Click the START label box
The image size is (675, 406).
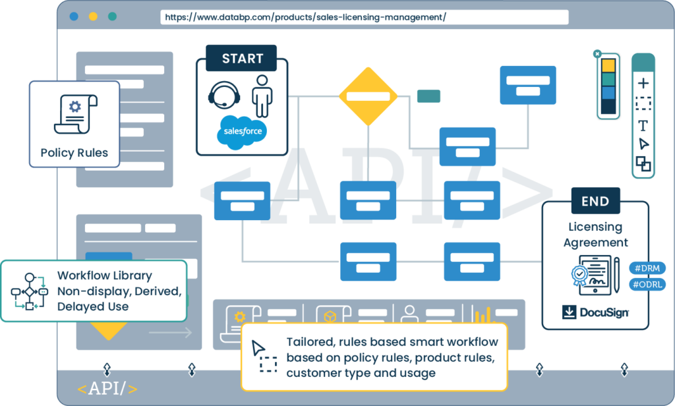point(242,59)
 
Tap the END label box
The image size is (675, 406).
point(595,201)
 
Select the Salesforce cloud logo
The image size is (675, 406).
point(242,130)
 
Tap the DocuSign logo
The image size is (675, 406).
point(595,312)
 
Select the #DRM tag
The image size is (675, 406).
point(648,268)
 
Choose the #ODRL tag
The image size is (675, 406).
point(648,285)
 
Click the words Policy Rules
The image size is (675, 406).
point(74,153)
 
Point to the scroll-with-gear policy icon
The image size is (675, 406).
point(74,115)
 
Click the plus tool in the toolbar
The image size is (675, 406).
point(643,83)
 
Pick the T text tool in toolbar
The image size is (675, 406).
point(643,125)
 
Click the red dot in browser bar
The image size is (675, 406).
point(74,16)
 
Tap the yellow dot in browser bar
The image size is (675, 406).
point(93,16)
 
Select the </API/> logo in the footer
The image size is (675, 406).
point(107,389)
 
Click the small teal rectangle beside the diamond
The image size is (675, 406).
point(428,96)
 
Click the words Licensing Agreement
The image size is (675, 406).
point(595,235)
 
